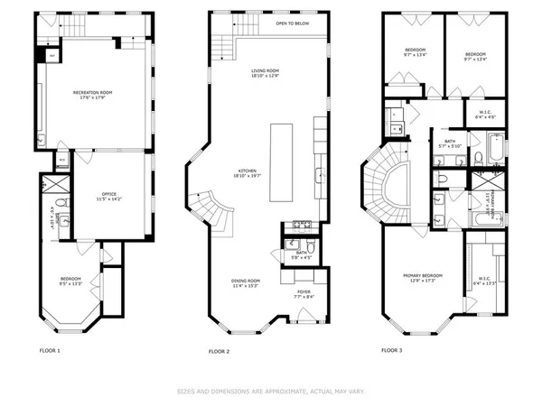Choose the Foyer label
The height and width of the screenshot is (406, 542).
[x=304, y=292]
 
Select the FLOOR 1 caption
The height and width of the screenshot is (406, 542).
[x=49, y=349]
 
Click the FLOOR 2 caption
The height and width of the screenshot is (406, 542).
[x=220, y=350]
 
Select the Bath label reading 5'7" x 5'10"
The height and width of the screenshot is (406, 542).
[x=449, y=141]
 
